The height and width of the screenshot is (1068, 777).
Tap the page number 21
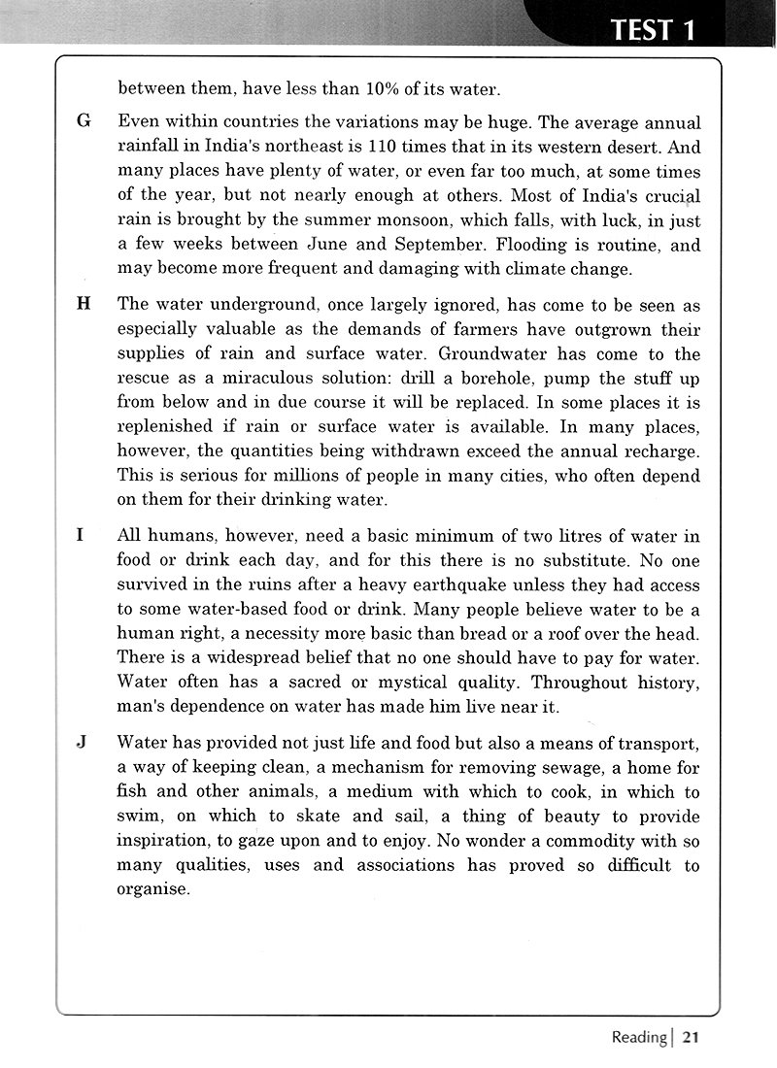(x=690, y=1037)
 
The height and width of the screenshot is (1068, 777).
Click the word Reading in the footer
(x=638, y=1038)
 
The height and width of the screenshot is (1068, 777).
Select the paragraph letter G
(x=83, y=123)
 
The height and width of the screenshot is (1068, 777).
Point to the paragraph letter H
(x=83, y=303)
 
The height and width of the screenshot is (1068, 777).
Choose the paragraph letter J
(x=82, y=743)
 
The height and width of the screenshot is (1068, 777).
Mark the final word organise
(x=152, y=889)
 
